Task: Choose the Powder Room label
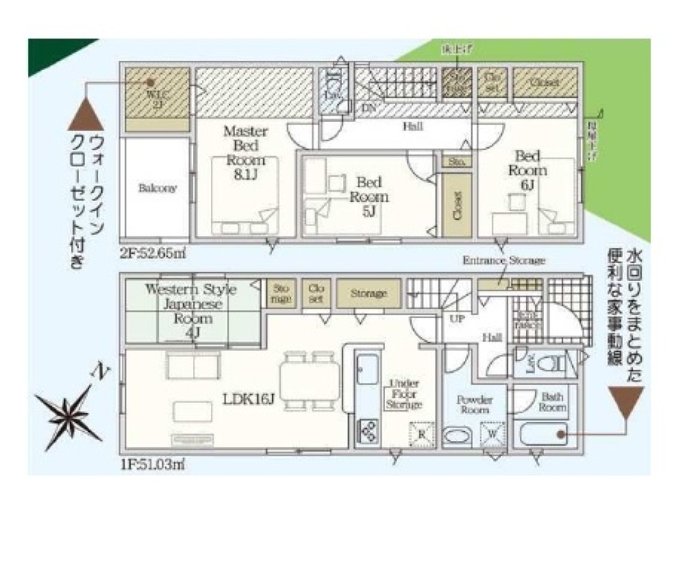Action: point(474,404)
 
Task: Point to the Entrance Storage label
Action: point(503,261)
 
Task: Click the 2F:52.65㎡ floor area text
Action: point(153,252)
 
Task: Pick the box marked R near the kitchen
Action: point(421,434)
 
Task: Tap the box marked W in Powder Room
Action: point(493,434)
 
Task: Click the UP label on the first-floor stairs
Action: point(455,319)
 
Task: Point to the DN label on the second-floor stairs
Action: point(368,108)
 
